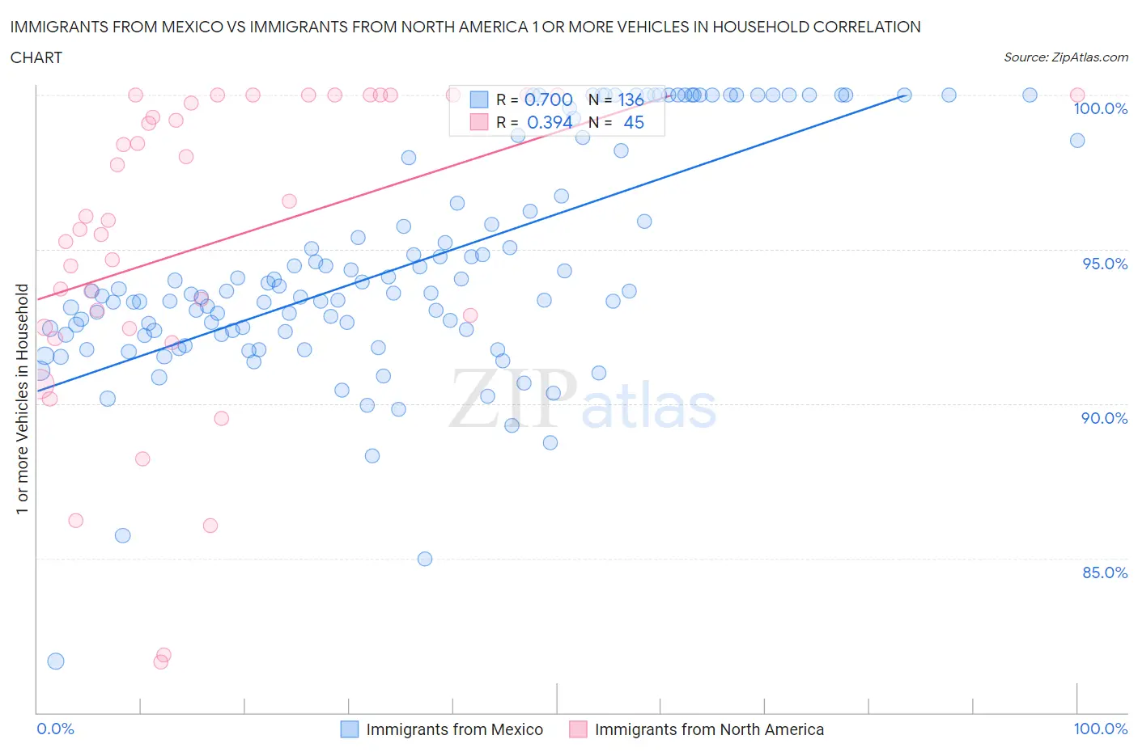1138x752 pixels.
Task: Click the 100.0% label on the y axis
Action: click(x=1100, y=109)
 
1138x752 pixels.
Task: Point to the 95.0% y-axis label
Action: click(x=1104, y=264)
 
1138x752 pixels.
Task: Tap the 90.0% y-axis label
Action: click(x=1104, y=418)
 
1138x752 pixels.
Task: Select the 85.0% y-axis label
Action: click(x=1104, y=572)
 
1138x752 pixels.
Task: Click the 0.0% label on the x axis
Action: click(x=55, y=729)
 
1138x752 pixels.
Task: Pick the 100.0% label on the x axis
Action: click(x=1100, y=729)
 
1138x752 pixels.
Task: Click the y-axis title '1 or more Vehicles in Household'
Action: click(x=23, y=399)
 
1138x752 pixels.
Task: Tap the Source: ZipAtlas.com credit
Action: click(x=1065, y=57)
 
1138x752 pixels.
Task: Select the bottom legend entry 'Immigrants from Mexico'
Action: click(x=454, y=729)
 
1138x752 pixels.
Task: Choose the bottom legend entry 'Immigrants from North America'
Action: click(x=708, y=729)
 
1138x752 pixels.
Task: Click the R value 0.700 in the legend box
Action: click(x=549, y=99)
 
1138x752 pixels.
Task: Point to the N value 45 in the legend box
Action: click(x=634, y=122)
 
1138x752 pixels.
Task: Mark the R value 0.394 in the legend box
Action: click(x=549, y=122)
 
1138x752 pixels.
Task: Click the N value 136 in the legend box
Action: click(x=631, y=99)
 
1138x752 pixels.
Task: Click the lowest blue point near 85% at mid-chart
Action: click(x=425, y=559)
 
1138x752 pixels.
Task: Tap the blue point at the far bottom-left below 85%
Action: click(x=56, y=661)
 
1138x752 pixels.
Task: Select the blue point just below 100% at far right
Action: click(x=1077, y=141)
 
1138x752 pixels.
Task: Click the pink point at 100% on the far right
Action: click(x=1077, y=95)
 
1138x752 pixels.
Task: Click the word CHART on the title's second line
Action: click(x=36, y=57)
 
